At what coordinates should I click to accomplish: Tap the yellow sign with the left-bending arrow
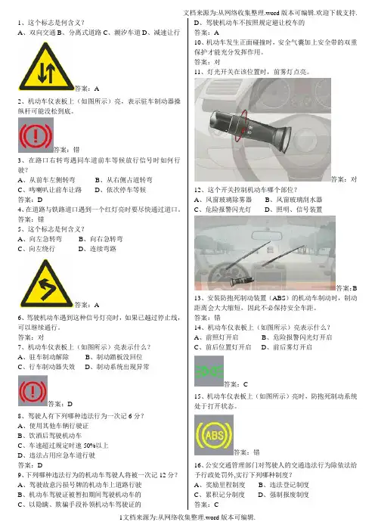pos(46,284)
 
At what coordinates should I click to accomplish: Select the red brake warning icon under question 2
pos(36,135)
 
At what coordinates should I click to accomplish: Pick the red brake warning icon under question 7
pos(33,391)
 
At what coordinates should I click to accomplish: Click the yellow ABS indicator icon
pos(214,435)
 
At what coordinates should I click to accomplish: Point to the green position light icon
pos(209,371)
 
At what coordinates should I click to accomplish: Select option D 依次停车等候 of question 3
pos(120,190)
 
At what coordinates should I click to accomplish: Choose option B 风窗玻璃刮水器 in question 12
pos(293,200)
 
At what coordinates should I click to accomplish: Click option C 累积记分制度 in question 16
pos(219,495)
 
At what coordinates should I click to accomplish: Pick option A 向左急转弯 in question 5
pos(40,239)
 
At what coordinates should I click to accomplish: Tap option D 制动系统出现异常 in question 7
pos(116,367)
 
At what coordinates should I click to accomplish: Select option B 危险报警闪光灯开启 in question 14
pos(296,337)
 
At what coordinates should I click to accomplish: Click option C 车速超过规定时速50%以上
pos(63,446)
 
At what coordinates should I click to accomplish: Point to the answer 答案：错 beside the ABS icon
pos(246,452)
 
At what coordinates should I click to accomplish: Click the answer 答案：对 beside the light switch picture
pos(344,179)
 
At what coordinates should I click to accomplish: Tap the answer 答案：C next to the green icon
pos(236,384)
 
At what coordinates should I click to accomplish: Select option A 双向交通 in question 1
pos(37,33)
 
